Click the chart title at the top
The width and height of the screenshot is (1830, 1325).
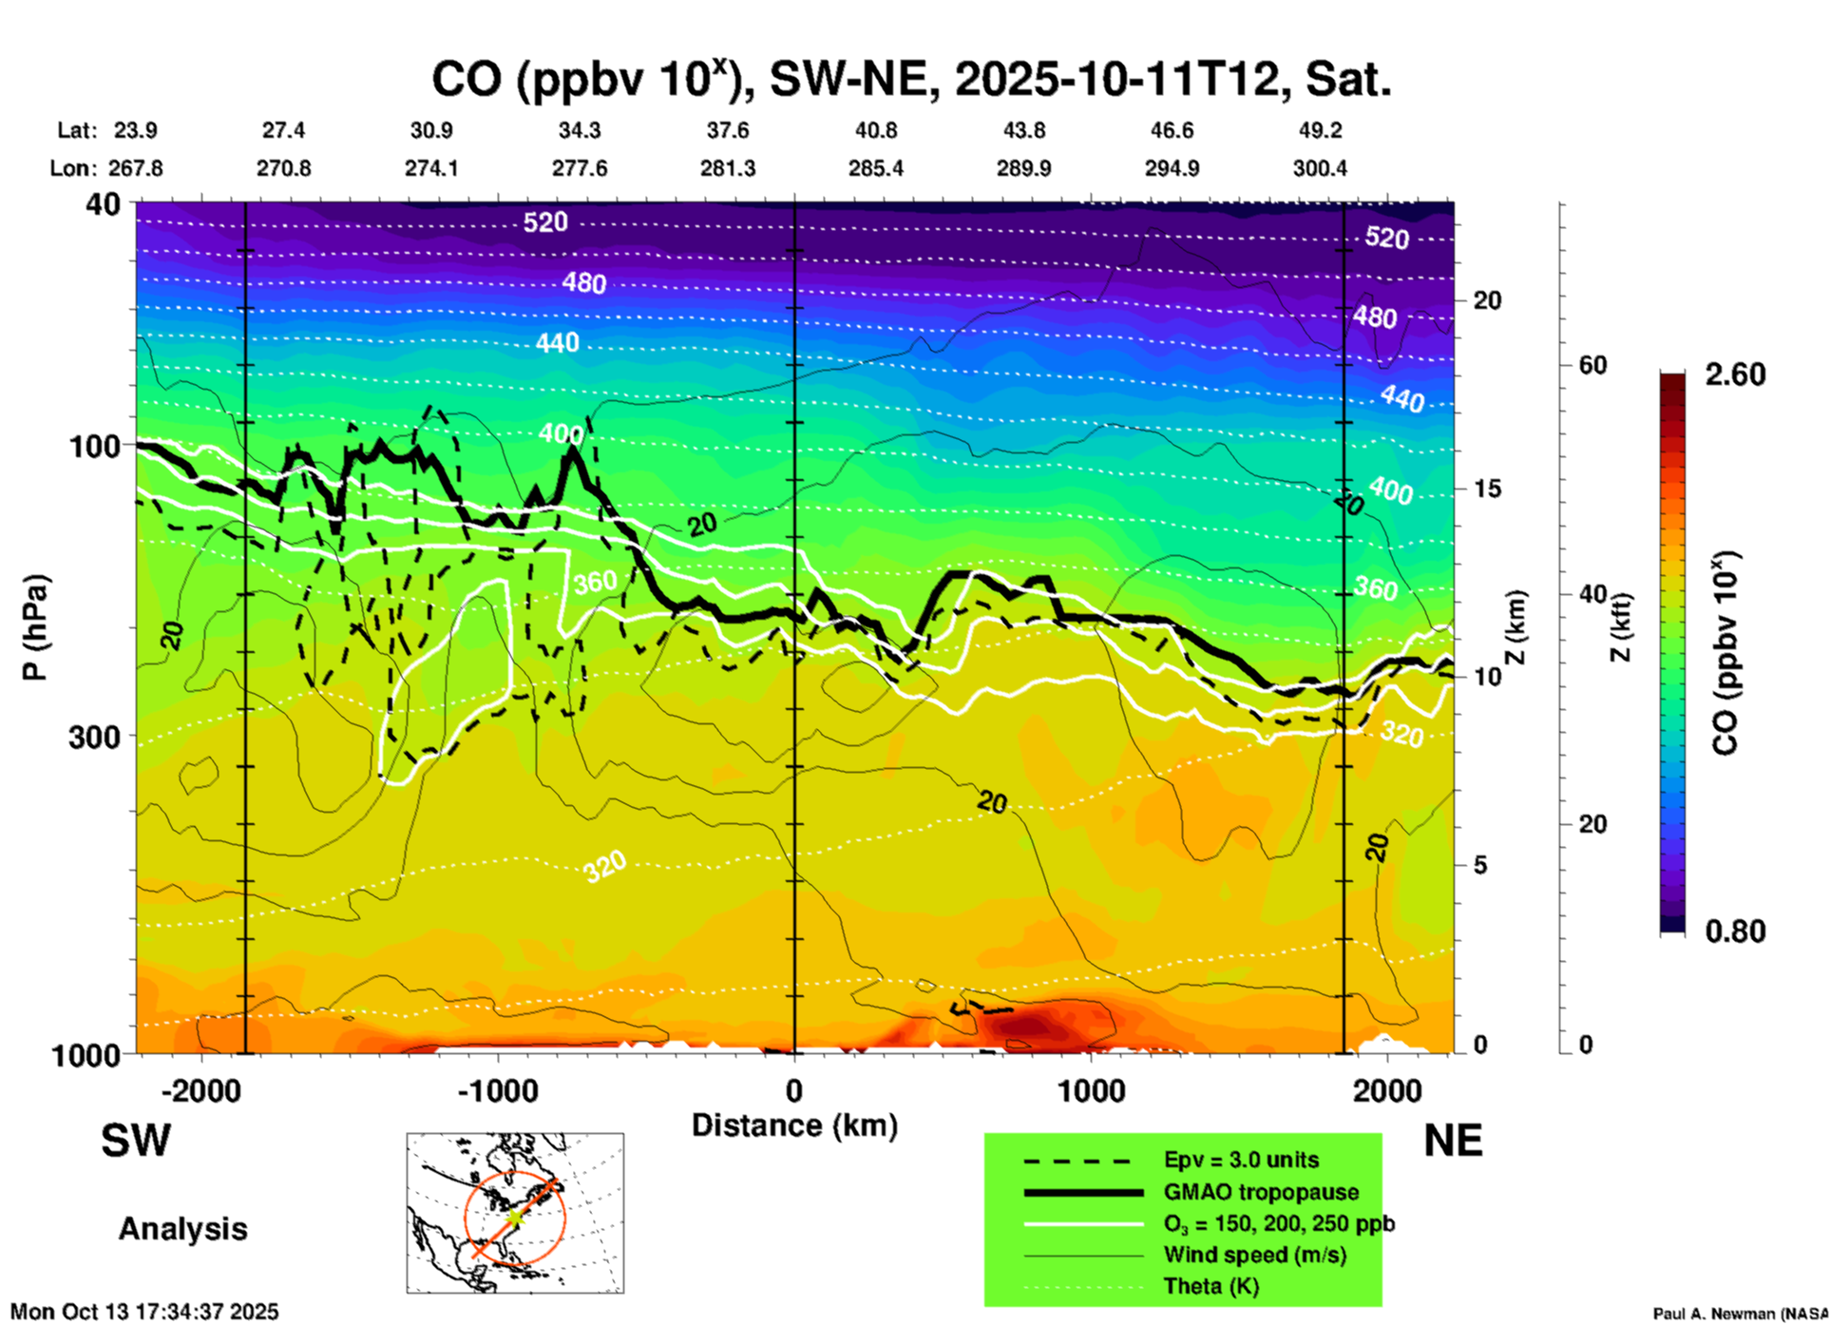click(x=910, y=80)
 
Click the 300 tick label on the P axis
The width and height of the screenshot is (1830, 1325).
click(x=94, y=737)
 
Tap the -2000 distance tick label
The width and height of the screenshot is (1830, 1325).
click(x=200, y=1091)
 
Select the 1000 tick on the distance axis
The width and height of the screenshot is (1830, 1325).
click(x=1091, y=1091)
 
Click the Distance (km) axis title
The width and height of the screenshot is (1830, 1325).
click(x=794, y=1125)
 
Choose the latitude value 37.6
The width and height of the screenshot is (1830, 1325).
click(x=728, y=130)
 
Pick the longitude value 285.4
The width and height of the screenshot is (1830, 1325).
click(x=876, y=168)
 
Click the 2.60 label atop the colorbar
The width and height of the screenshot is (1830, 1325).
click(x=1735, y=374)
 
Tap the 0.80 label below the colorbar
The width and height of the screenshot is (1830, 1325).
click(x=1735, y=931)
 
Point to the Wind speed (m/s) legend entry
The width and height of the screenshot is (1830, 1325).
click(x=1254, y=1255)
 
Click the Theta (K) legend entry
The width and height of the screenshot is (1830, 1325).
click(x=1210, y=1286)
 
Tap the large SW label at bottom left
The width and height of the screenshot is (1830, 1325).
click(x=136, y=1141)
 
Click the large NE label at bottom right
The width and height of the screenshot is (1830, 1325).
click(x=1453, y=1141)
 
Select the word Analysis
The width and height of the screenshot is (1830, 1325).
click(x=182, y=1229)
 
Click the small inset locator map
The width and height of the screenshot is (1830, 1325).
click(x=515, y=1213)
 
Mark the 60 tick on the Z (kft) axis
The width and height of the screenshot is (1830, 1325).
click(x=1592, y=365)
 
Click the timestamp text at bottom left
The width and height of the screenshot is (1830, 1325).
click(x=144, y=1312)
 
